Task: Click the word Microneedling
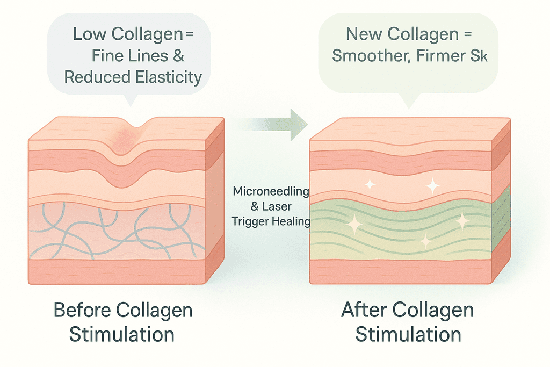(271, 191)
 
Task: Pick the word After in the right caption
(366, 311)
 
